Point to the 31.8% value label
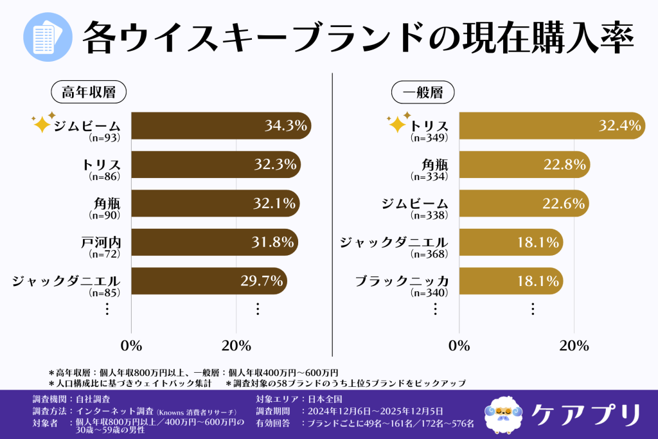coord(273,242)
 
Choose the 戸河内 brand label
coord(103,242)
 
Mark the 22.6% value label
coord(564,204)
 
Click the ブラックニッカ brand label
coord(402,282)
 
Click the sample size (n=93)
coord(104,137)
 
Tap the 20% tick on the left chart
coord(236,346)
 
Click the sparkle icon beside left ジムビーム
coord(42,122)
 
